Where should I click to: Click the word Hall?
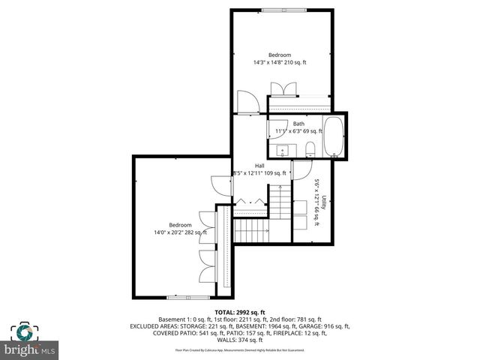coord(259,166)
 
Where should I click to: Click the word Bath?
coord(298,124)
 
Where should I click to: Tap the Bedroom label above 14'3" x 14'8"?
coord(280,55)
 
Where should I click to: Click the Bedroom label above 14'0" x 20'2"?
coord(180,225)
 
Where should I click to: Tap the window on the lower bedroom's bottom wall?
coord(177,297)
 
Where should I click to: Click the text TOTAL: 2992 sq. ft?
coord(239,311)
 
